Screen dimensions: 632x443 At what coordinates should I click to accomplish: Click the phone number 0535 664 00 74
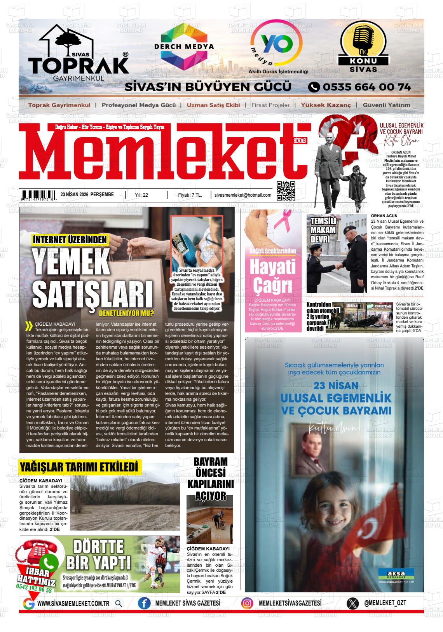(360, 87)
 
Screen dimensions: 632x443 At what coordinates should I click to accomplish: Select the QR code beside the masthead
(286, 190)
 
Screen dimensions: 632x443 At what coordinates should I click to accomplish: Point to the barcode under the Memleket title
(38, 195)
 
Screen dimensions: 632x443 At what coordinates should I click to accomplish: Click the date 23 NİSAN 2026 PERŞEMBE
(87, 195)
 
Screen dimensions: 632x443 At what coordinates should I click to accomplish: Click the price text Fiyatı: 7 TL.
(190, 195)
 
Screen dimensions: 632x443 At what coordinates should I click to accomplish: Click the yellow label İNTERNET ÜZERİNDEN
(70, 240)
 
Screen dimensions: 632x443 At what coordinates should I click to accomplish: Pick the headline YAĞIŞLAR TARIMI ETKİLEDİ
(79, 466)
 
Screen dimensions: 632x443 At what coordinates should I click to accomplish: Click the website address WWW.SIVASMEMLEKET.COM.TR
(73, 603)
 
